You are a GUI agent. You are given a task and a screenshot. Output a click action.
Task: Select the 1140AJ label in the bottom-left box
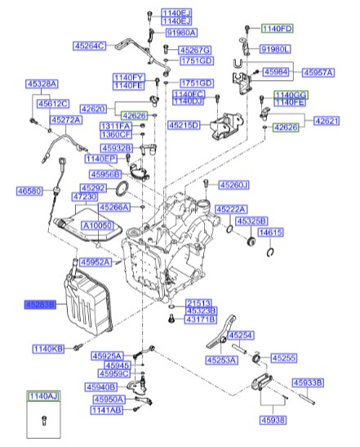point(44,396)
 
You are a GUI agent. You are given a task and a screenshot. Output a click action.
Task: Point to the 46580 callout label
point(29,191)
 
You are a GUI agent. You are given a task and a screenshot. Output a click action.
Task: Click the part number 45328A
point(41,83)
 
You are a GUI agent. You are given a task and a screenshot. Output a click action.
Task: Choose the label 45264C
point(91,46)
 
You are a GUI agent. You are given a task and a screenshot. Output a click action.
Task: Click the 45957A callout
point(318,73)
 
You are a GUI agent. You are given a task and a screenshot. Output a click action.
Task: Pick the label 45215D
point(184,126)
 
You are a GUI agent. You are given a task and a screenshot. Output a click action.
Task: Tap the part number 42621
point(326,120)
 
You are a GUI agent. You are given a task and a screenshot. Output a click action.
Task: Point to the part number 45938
point(274,420)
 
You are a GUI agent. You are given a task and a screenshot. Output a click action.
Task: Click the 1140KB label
point(47,349)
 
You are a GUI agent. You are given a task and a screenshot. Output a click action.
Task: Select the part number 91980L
point(276,50)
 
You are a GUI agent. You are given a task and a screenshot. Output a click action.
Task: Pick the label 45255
point(285,357)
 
